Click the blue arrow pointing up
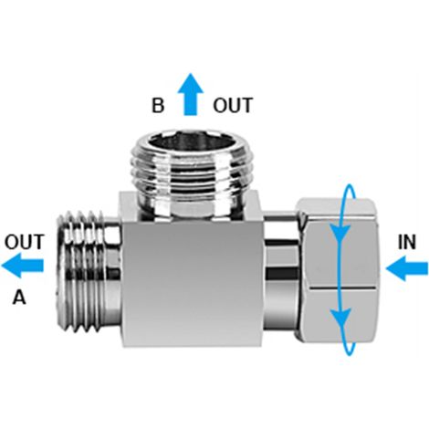coord(191,94)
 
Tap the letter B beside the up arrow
coord(158,105)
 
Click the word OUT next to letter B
coord(233,105)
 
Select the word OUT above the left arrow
coord(25,242)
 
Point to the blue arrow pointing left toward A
coord(23,266)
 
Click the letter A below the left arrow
coord(19,297)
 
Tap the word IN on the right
coord(407,243)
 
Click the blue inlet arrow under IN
coord(407,268)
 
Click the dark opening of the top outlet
coord(188,143)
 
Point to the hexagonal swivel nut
coord(338,270)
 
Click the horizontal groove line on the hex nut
coord(341,287)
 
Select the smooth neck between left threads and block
coord(113,272)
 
